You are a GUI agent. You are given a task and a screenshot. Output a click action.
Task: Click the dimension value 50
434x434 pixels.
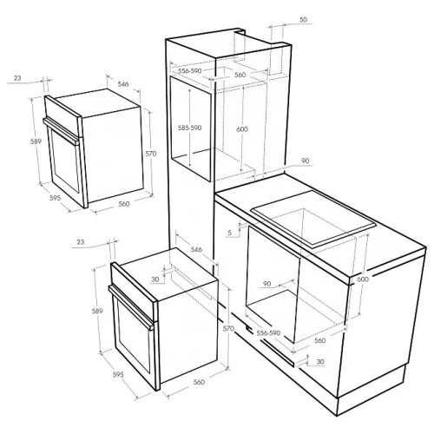point(303,20)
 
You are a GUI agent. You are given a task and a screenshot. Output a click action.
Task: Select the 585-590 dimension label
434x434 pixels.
point(189,128)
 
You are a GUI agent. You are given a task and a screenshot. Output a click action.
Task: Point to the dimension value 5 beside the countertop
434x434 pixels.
point(230,233)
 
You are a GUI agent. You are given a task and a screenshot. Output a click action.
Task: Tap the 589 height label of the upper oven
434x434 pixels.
point(36,141)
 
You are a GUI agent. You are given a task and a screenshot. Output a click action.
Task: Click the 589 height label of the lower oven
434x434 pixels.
point(97,311)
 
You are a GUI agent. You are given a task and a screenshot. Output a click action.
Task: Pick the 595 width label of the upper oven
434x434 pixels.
point(55,198)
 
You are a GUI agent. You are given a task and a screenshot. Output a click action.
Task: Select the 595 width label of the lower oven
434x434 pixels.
point(118,374)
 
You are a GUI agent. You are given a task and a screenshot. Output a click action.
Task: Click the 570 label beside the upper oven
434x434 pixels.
point(150,154)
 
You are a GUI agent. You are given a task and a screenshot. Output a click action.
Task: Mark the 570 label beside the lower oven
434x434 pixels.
point(228,328)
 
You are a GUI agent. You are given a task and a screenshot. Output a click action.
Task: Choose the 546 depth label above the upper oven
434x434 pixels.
point(123,84)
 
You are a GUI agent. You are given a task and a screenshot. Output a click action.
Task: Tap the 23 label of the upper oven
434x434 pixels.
point(17,78)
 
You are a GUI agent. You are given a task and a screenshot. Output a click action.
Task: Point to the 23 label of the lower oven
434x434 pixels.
point(81,241)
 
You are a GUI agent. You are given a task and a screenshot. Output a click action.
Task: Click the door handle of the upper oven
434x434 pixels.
point(61,131)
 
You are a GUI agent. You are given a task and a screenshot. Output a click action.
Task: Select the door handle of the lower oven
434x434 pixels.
point(131,307)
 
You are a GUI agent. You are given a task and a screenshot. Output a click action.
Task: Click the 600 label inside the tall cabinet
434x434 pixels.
point(242,129)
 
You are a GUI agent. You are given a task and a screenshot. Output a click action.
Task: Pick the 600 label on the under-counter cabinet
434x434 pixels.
point(363,279)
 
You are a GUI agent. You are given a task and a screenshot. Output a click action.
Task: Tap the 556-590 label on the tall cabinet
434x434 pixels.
point(189,71)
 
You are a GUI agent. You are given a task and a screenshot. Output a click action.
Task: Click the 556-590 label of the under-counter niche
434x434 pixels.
point(268,333)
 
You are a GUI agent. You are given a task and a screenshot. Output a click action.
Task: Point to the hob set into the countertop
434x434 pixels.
point(313,220)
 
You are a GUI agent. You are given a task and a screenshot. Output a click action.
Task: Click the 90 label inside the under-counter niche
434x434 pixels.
point(266,284)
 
